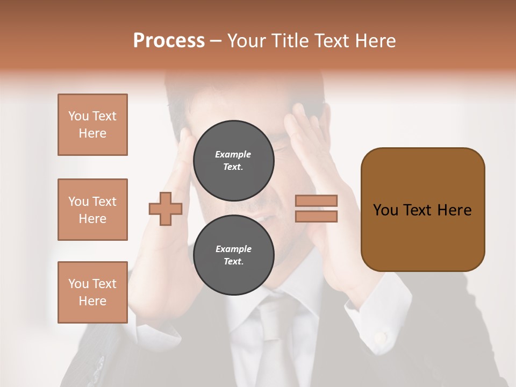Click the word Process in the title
[169, 41]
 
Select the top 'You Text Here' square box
[92, 125]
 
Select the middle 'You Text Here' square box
[92, 210]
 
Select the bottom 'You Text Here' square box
[92, 292]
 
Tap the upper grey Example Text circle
[233, 161]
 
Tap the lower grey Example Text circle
[233, 255]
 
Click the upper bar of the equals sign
[316, 201]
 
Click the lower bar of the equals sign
[316, 216]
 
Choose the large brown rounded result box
[422, 210]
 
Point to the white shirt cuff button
[381, 338]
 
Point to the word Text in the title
[331, 41]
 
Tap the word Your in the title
[248, 41]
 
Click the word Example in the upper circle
[233, 154]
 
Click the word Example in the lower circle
[233, 249]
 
